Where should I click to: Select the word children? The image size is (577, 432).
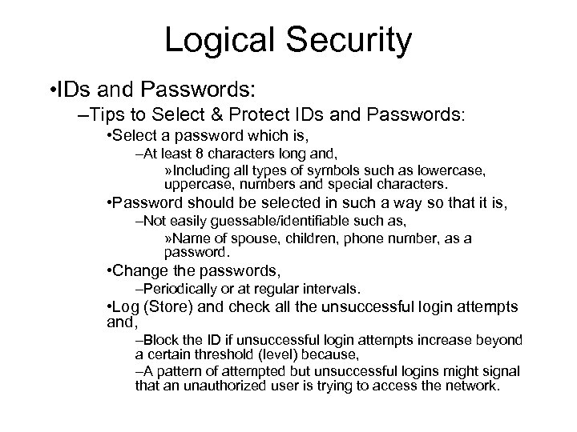coord(293,239)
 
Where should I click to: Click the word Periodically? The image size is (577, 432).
coord(177,289)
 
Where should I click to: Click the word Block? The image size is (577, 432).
coord(159,340)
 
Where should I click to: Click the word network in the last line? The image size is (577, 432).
coord(468,386)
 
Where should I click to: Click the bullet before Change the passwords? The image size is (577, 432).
coord(109,272)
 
